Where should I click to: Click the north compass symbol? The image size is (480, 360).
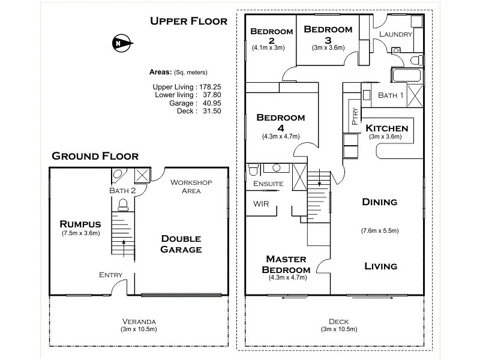tap(119, 43)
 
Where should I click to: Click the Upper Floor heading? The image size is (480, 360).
tap(188, 22)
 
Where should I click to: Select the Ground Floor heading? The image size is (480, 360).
tap(95, 156)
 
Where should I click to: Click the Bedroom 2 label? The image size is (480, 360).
tap(271, 36)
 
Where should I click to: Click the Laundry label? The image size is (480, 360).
tap(395, 34)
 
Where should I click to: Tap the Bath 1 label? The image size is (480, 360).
tap(391, 95)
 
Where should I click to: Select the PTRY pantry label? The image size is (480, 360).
tap(355, 116)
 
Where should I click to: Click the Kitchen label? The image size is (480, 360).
tap(386, 128)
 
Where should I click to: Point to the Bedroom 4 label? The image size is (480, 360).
tap(280, 122)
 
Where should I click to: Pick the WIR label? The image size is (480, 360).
tap(261, 204)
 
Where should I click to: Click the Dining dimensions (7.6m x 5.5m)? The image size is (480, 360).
tap(380, 230)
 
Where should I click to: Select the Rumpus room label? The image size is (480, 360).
tap(80, 220)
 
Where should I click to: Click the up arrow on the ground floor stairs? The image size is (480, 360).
tap(124, 244)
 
